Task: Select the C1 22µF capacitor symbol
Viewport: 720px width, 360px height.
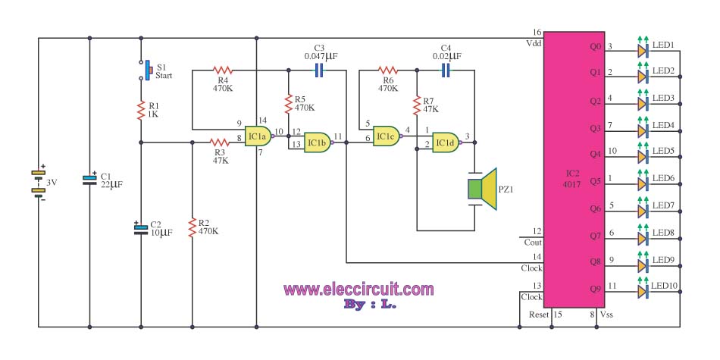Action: [89, 180]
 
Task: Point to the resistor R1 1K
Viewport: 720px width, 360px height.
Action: [141, 111]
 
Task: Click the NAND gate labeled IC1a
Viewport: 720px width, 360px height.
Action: [258, 137]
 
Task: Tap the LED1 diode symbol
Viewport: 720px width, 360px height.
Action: [643, 51]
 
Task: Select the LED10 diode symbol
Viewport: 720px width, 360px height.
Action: [643, 291]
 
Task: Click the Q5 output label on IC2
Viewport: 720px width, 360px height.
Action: [595, 181]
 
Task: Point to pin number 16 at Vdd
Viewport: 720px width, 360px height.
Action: [537, 33]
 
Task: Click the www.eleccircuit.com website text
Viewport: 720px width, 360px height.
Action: [358, 289]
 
